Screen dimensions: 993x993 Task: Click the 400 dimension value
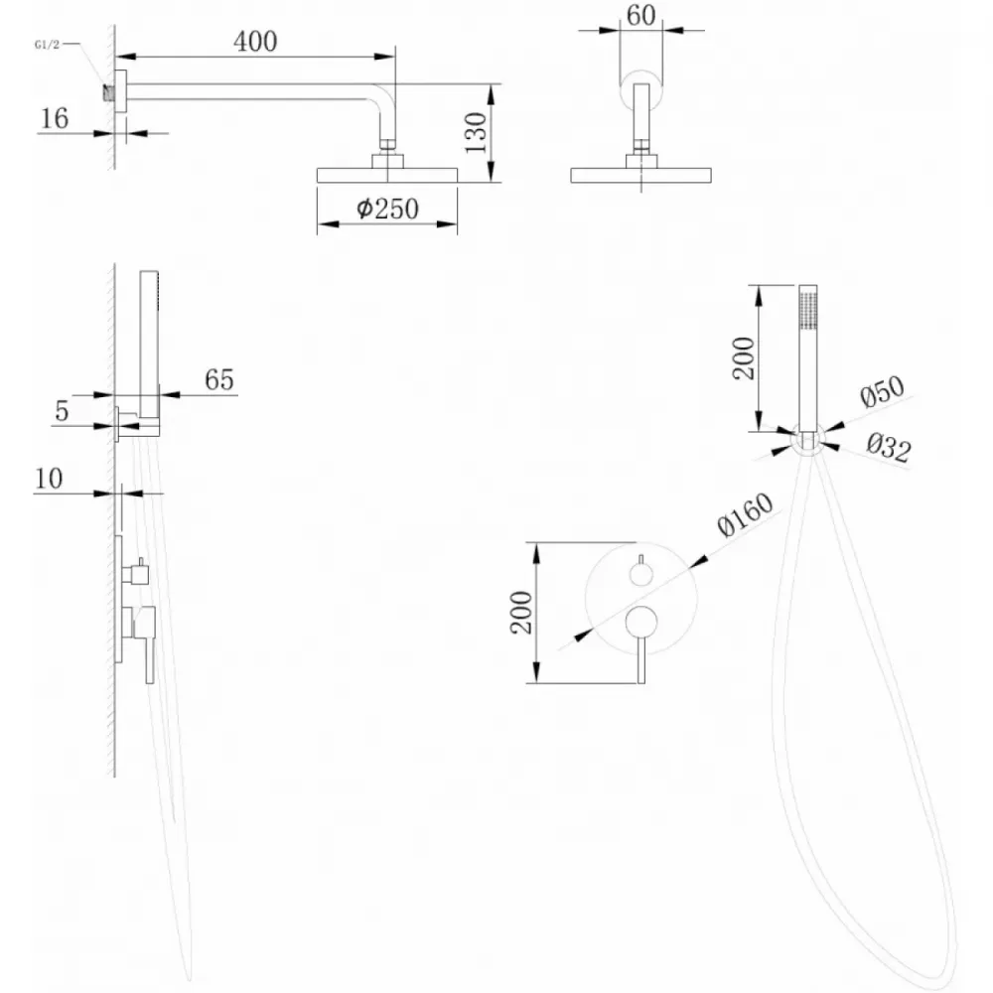click(x=255, y=42)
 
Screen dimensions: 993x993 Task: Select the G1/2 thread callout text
click(x=47, y=45)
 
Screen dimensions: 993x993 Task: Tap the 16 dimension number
click(x=54, y=118)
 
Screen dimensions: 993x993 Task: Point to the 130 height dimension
click(x=476, y=132)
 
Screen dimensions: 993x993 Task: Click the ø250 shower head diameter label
click(x=387, y=209)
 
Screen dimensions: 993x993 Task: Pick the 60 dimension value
click(x=640, y=15)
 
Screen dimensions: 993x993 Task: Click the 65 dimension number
click(x=219, y=379)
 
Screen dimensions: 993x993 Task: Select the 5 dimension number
click(x=62, y=411)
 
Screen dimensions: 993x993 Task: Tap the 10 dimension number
click(x=49, y=479)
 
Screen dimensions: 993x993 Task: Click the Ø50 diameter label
click(x=882, y=391)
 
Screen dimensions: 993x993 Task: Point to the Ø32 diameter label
click(x=889, y=447)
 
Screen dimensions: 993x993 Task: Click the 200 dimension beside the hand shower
click(x=744, y=358)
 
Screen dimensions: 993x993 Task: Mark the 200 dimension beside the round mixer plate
click(x=521, y=613)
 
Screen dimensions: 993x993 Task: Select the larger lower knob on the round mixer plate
click(x=640, y=622)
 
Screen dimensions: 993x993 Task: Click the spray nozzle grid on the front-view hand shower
click(x=808, y=310)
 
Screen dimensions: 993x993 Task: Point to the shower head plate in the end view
click(x=640, y=176)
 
